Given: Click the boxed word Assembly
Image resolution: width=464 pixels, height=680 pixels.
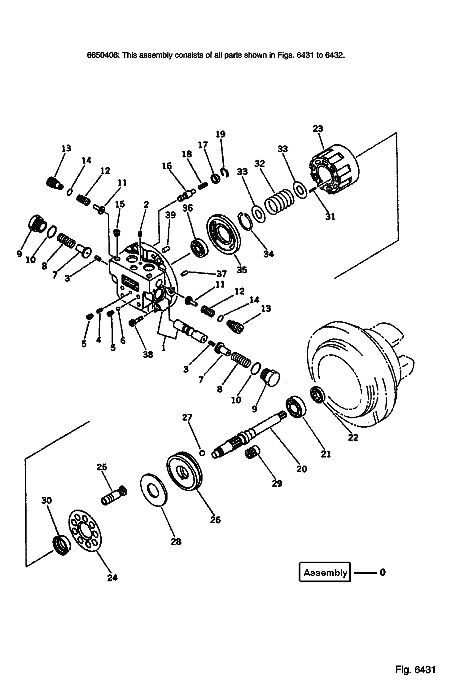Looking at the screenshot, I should point(325,572).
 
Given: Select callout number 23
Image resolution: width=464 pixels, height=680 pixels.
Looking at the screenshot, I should point(318,128).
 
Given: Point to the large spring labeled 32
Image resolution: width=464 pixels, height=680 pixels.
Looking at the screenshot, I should point(279,201).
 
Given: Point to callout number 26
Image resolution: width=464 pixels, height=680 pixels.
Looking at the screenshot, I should point(215,520).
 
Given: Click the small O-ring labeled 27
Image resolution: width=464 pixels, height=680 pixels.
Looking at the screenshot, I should point(202,453).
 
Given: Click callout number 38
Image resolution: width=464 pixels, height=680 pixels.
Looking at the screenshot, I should point(148,354).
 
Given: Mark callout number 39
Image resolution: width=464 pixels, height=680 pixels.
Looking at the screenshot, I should point(170,215).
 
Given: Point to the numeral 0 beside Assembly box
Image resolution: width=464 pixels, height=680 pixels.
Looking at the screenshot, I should point(382,572).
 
